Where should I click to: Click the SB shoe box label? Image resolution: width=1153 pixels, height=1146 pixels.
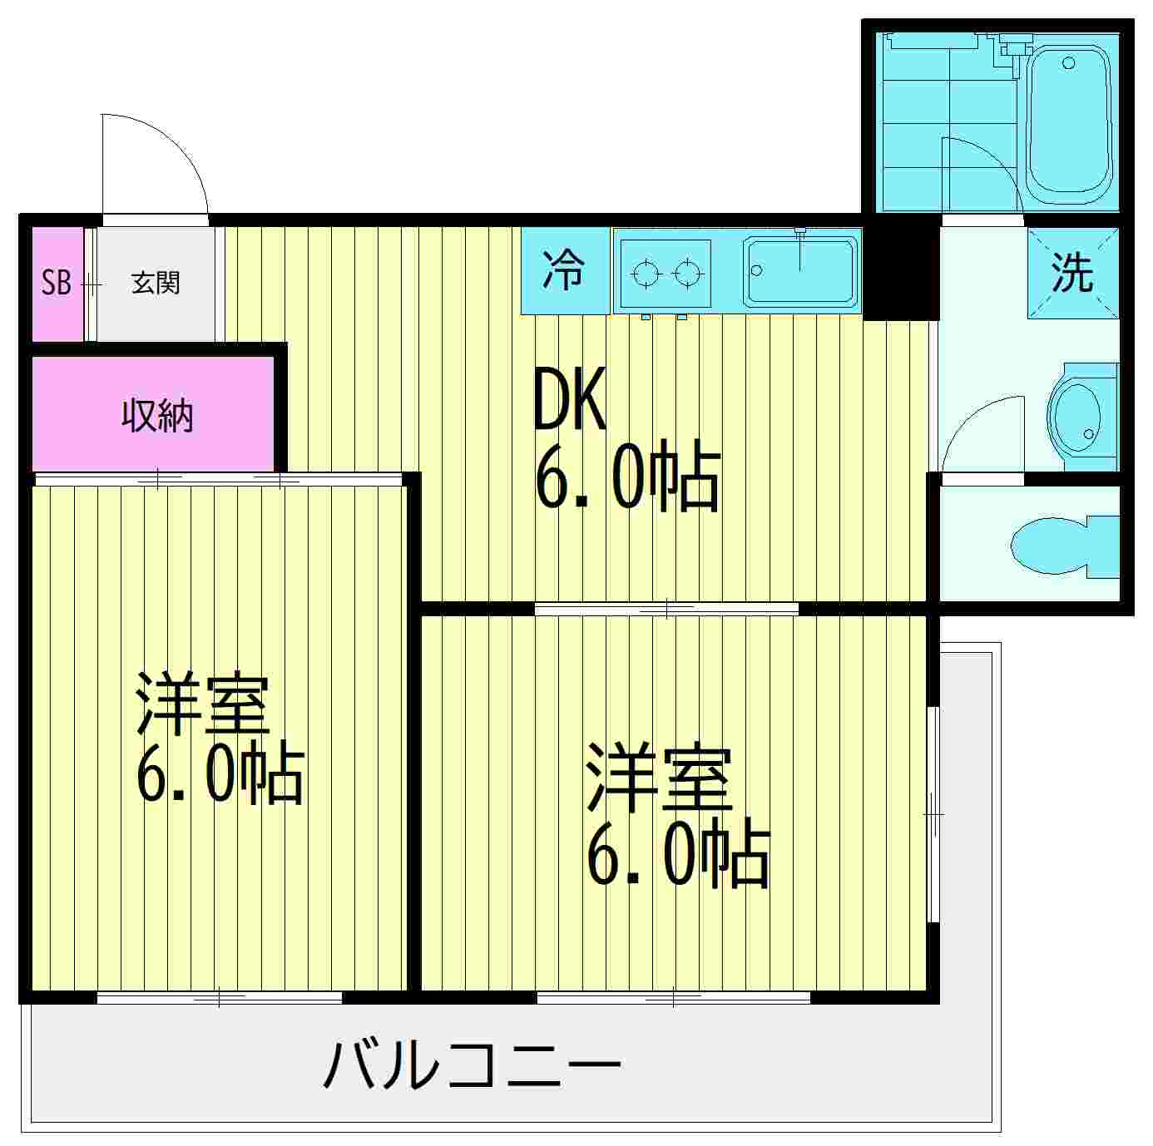pos(57,284)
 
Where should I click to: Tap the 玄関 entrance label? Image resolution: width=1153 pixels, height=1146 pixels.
pos(156,284)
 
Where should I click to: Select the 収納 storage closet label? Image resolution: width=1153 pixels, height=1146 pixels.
pos(157,415)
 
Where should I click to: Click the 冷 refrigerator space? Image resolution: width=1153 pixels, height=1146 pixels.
pos(565,270)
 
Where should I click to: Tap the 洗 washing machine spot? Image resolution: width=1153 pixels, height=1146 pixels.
pos(1072,272)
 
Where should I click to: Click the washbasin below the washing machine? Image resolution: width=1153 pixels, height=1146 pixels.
pos(1079,416)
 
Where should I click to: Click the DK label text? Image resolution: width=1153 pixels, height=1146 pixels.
pos(570,400)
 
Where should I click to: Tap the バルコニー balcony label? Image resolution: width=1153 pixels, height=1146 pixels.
pos(472,1065)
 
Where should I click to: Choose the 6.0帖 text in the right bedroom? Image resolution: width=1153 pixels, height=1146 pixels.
pos(677,856)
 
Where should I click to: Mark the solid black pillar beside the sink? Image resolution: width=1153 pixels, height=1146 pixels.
pos(900,270)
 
